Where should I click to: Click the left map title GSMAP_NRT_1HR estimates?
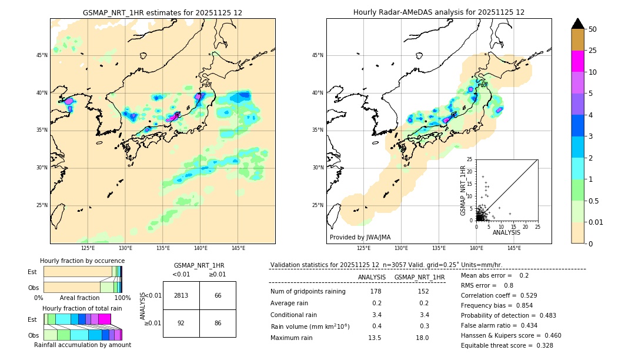click(162, 12)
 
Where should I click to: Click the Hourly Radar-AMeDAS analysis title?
click(439, 12)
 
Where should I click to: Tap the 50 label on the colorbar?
click(593, 29)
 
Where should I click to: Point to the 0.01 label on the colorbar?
click(596, 222)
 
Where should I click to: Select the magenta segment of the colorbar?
click(577, 61)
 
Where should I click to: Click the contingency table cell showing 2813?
click(181, 295)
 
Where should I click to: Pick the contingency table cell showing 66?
click(218, 295)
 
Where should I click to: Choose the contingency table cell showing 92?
click(181, 323)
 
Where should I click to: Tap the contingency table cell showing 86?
click(218, 323)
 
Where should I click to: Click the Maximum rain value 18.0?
click(422, 338)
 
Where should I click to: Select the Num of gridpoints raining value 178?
click(376, 291)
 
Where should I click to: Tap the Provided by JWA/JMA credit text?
click(360, 237)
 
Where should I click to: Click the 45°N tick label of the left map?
click(42, 55)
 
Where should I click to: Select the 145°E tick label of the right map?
click(514, 248)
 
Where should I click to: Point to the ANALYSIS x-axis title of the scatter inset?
click(506, 232)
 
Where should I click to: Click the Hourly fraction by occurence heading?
click(82, 261)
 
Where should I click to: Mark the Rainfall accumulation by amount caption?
click(82, 345)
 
